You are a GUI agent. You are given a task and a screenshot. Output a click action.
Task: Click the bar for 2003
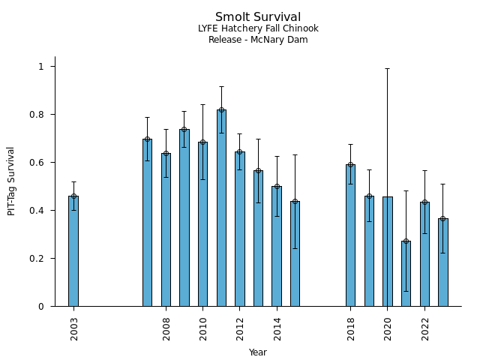click(x=73, y=251)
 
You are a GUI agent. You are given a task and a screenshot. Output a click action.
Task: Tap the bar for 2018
click(x=350, y=235)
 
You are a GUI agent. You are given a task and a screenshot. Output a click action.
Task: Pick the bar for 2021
click(x=406, y=274)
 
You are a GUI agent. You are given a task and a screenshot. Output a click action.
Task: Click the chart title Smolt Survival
click(x=258, y=17)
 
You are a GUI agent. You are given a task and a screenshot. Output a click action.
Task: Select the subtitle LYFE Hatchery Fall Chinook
click(x=258, y=28)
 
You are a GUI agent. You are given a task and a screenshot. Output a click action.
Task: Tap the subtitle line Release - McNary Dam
click(x=258, y=40)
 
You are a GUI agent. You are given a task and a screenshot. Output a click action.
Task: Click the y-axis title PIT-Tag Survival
click(x=12, y=181)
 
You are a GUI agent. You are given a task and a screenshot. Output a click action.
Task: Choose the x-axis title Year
click(x=258, y=352)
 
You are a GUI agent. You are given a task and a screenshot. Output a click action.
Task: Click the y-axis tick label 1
click(x=42, y=67)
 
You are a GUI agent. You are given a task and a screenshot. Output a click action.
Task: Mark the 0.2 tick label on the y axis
click(x=38, y=259)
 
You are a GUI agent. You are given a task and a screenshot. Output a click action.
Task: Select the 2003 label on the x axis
click(x=74, y=328)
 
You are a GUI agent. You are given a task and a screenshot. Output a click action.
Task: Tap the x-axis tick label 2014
click(x=277, y=328)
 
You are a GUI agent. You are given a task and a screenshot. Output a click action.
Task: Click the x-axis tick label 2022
click(x=424, y=328)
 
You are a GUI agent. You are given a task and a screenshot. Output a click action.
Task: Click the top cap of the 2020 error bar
click(x=387, y=69)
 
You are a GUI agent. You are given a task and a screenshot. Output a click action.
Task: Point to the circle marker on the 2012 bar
click(x=240, y=152)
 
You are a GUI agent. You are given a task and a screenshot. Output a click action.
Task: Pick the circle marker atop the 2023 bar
click(x=442, y=219)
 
